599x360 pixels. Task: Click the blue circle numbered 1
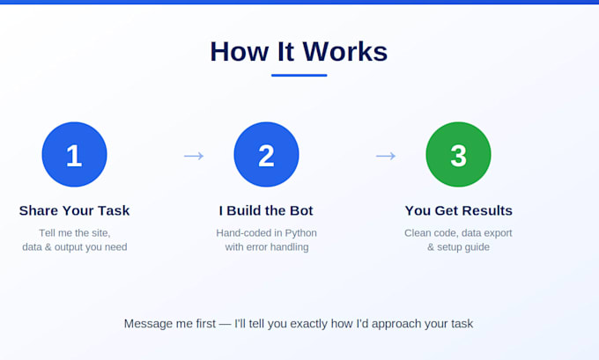(75, 155)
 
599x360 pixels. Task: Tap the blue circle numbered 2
(266, 155)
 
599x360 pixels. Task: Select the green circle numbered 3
(458, 155)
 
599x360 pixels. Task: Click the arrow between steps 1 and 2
(194, 156)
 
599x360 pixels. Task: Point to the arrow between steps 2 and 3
(386, 156)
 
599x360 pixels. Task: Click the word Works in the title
(345, 52)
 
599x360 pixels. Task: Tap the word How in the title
(240, 52)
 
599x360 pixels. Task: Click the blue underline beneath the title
(299, 75)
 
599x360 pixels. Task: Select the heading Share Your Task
(75, 210)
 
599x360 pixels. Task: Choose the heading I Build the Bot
(266, 210)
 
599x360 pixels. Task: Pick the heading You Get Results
(458, 210)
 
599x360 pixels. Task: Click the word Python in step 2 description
(300, 233)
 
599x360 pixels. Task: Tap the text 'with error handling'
(267, 247)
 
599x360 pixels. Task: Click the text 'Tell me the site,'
(75, 233)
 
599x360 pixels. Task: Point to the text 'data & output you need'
(75, 247)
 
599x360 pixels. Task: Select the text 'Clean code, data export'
(458, 233)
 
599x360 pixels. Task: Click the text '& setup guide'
(458, 247)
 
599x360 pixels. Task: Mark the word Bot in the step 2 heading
(301, 210)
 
